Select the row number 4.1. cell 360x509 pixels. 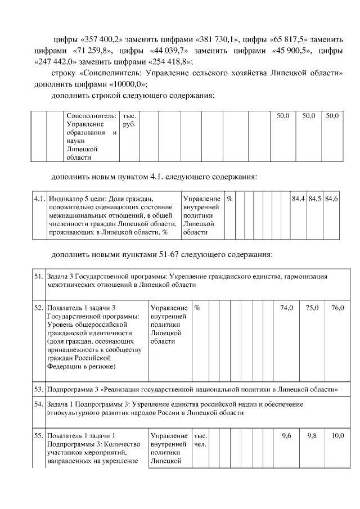(x=39, y=199)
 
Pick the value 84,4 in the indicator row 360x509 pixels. (x=298, y=199)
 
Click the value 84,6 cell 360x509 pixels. (x=332, y=199)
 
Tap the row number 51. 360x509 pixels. (x=39, y=277)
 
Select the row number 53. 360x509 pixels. (x=39, y=389)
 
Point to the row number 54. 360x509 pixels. (x=39, y=404)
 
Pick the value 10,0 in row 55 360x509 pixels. (x=337, y=436)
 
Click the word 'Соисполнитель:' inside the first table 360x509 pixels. (x=91, y=115)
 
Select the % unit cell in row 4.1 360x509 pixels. (x=229, y=199)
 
